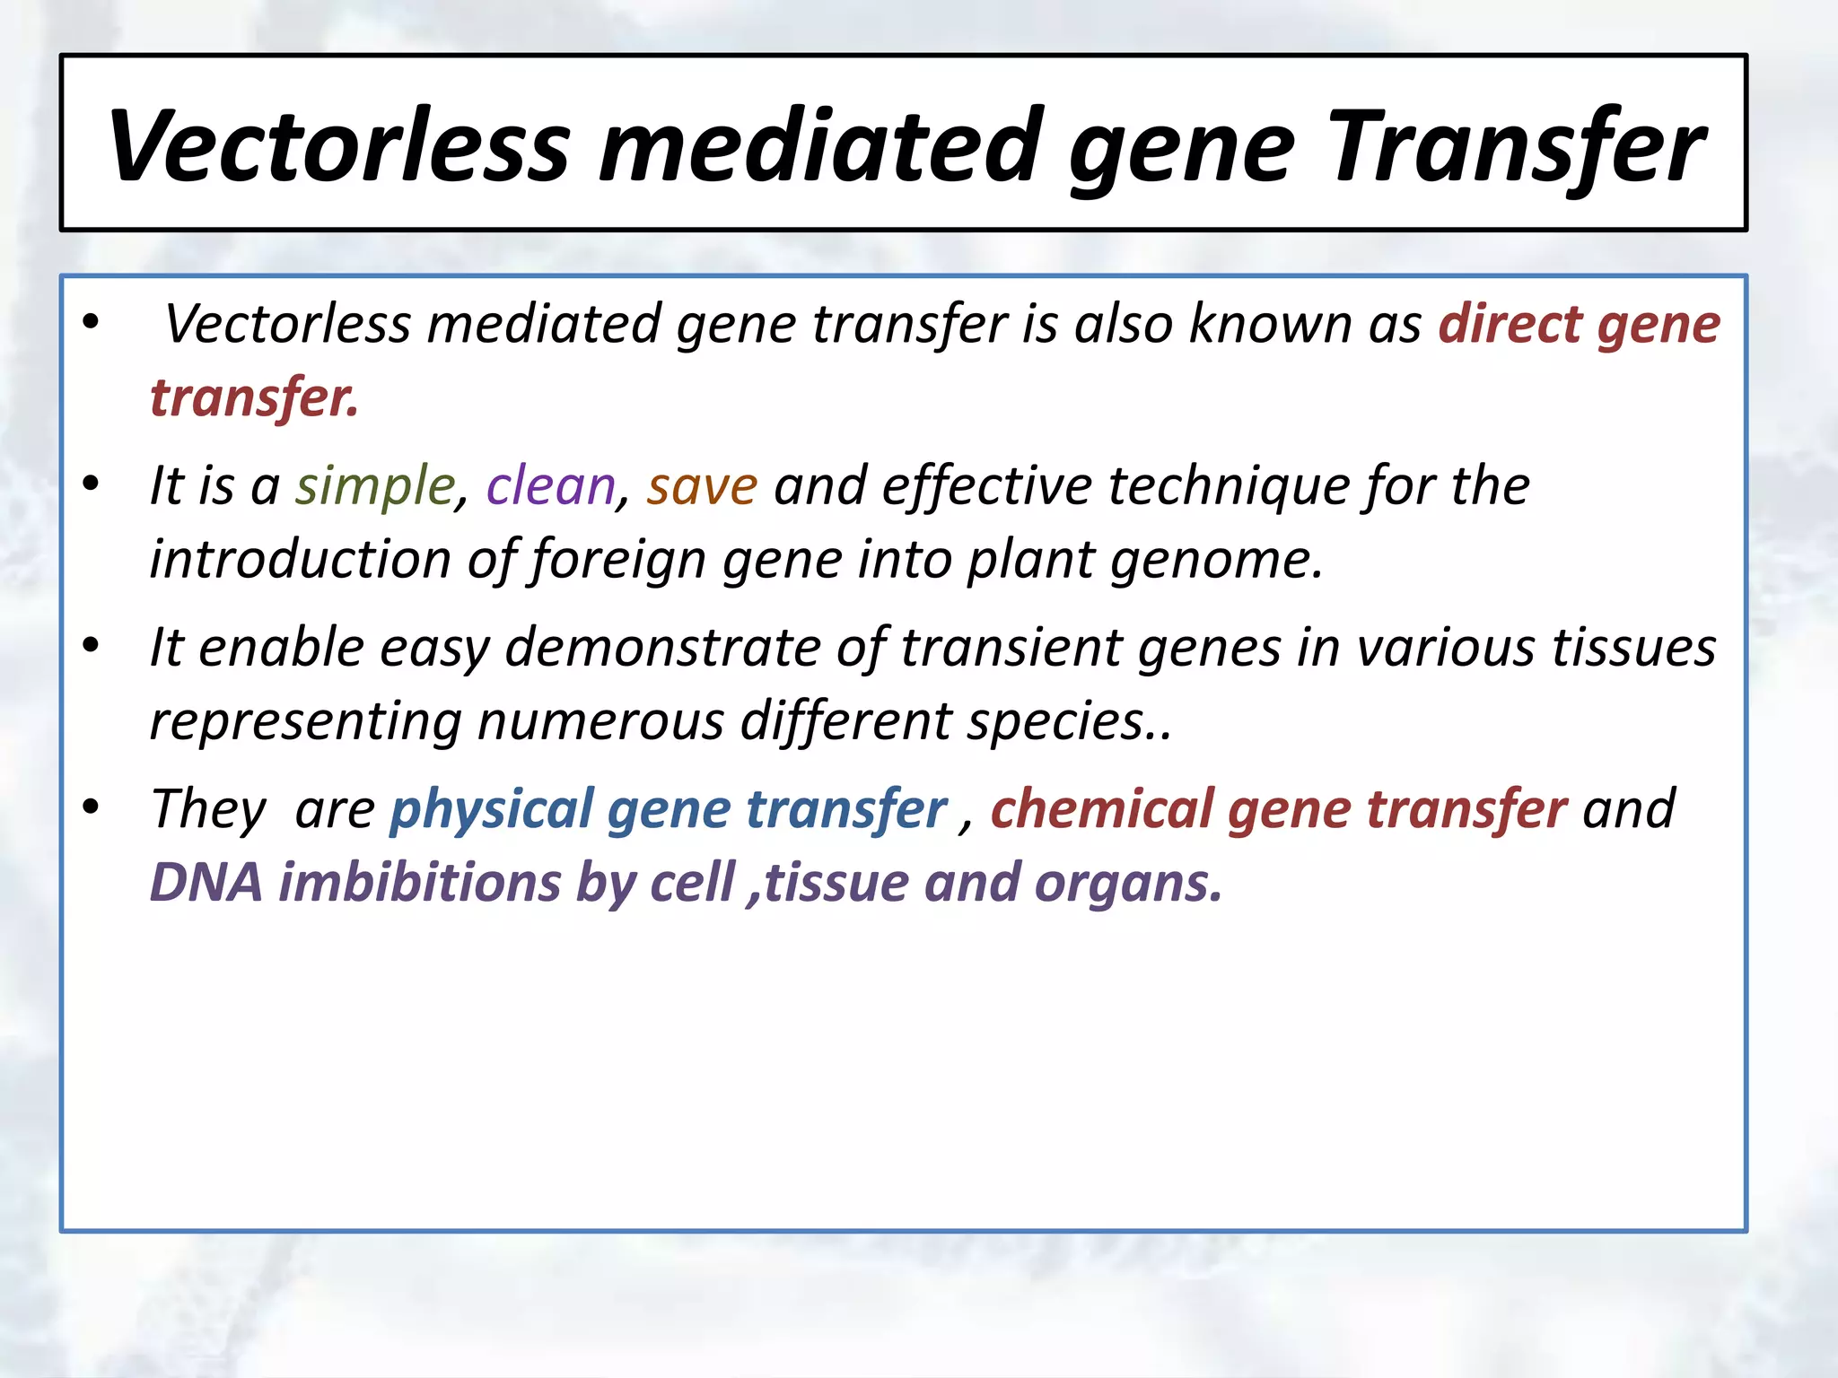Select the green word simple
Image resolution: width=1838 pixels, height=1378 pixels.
coord(376,486)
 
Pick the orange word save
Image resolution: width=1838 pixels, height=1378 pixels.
coord(702,486)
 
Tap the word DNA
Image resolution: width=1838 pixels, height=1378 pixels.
coord(206,883)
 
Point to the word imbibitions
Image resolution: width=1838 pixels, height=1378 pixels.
coord(420,883)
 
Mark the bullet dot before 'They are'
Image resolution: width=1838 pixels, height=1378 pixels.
coord(91,807)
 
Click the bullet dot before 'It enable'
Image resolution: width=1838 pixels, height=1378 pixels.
coord(91,646)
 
